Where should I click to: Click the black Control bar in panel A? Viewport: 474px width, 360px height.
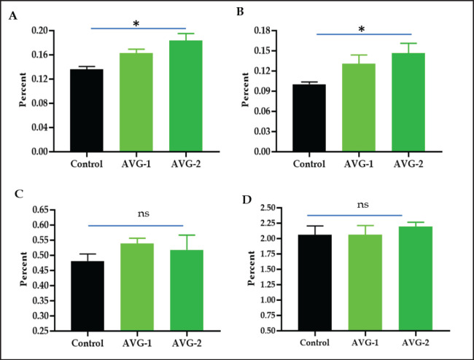[x=87, y=110]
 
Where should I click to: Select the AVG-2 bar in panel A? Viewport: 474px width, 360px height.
[x=186, y=95]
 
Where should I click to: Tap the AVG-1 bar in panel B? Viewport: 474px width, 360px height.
[x=359, y=108]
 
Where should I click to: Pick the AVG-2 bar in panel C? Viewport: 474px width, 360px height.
[x=187, y=290]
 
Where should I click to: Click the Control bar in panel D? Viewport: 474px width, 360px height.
[x=315, y=283]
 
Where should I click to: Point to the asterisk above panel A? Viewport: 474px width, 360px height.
[x=136, y=23]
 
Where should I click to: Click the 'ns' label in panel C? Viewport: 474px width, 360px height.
[x=144, y=214]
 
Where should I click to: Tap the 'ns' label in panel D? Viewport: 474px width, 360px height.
[x=362, y=205]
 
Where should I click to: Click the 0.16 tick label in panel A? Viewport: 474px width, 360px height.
[x=40, y=55]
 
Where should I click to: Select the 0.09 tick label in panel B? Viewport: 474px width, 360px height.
[x=263, y=91]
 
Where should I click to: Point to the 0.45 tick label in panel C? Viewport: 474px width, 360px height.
[x=40, y=270]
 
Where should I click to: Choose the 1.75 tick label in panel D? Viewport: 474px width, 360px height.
[x=268, y=254]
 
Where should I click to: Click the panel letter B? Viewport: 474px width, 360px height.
[x=240, y=12]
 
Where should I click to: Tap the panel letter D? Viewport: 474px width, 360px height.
[x=247, y=200]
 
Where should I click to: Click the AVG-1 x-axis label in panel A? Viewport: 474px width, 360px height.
[x=136, y=164]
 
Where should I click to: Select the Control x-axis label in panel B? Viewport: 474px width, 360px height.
[x=309, y=164]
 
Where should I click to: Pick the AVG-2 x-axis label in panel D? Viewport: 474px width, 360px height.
[x=416, y=343]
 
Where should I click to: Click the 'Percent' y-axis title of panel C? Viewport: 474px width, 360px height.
[x=23, y=269]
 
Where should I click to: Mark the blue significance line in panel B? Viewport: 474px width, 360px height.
[x=364, y=34]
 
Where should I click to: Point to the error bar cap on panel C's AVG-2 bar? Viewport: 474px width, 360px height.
[x=187, y=235]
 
